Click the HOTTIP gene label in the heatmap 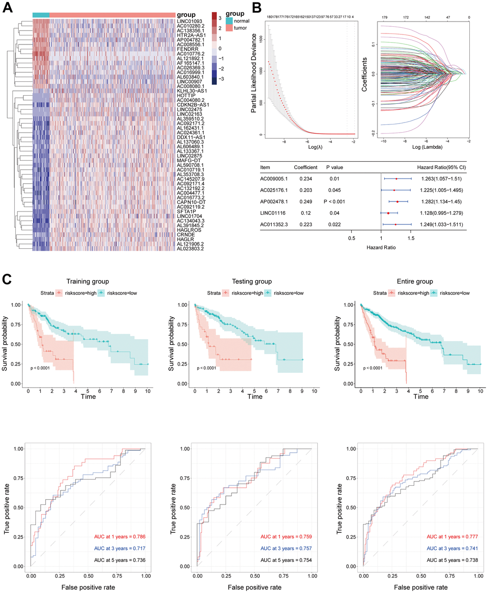[186, 95]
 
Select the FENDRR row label [186, 49]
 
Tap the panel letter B [257, 8]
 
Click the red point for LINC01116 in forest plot [388, 213]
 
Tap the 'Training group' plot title [88, 281]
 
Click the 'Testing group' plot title [252, 281]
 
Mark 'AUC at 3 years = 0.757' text [286, 548]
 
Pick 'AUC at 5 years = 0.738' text [452, 560]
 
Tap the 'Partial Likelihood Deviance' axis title [254, 73]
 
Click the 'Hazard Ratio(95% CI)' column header [442, 168]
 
